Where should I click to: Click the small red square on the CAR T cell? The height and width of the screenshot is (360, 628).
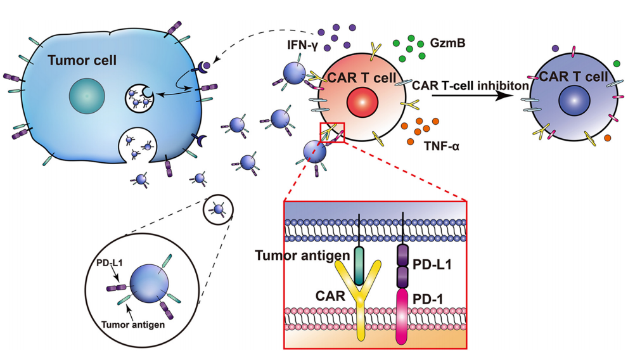[x=333, y=132]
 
